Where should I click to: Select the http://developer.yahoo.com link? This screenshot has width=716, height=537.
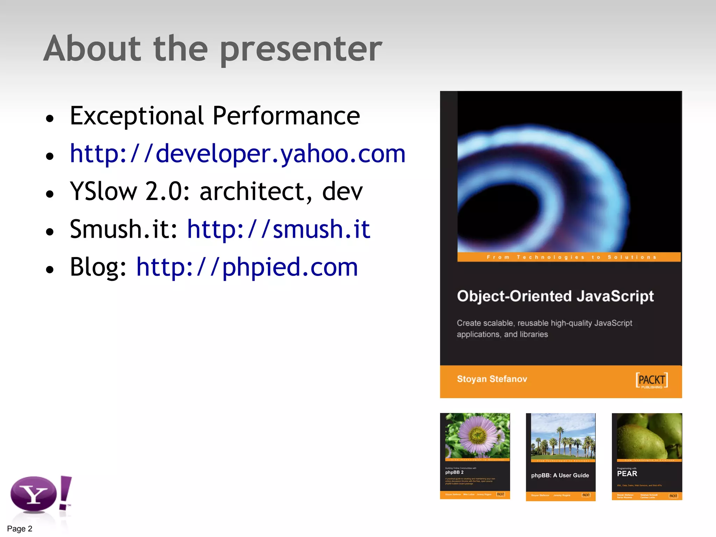click(x=238, y=154)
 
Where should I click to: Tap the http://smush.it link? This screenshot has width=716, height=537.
click(x=279, y=229)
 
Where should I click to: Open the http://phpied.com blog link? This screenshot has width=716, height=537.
click(x=247, y=267)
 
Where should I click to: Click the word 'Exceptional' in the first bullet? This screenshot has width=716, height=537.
click(x=136, y=116)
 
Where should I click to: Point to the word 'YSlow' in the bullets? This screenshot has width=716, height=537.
click(x=103, y=192)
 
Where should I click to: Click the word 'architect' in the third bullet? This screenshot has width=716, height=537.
click(x=252, y=192)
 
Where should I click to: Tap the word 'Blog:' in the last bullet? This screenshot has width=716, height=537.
click(x=98, y=267)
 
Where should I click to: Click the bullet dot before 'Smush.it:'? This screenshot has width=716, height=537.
click(x=50, y=231)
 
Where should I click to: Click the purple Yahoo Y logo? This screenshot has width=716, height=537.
click(x=34, y=494)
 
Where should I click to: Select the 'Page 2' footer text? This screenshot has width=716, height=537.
click(x=20, y=529)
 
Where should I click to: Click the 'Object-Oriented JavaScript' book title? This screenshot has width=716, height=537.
click(x=555, y=296)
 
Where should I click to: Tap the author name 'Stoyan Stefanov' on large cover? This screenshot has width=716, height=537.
click(x=492, y=379)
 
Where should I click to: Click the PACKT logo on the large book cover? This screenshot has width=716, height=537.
click(x=652, y=380)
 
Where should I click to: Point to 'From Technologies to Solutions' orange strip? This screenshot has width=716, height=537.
click(x=569, y=257)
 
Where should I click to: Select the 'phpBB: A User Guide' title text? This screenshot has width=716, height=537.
click(x=560, y=475)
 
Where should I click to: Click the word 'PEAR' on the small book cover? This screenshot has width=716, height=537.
click(x=627, y=474)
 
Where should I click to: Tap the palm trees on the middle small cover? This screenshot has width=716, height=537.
click(x=563, y=444)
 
